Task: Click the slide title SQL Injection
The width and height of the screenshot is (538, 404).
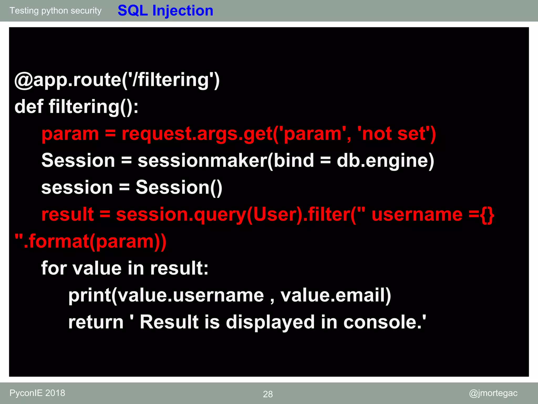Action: (x=165, y=11)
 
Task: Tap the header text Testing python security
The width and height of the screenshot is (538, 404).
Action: (x=55, y=11)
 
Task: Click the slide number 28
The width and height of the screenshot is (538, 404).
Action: (x=268, y=394)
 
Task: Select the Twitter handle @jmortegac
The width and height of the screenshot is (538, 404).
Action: (x=493, y=393)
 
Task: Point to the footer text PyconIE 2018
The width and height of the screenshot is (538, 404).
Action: (x=37, y=393)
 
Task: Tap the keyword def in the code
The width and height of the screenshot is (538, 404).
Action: (x=29, y=107)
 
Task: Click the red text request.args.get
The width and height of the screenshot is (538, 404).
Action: (x=197, y=134)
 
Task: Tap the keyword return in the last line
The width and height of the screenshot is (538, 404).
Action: (x=96, y=322)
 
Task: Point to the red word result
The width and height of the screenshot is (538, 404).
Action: (x=68, y=214)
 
